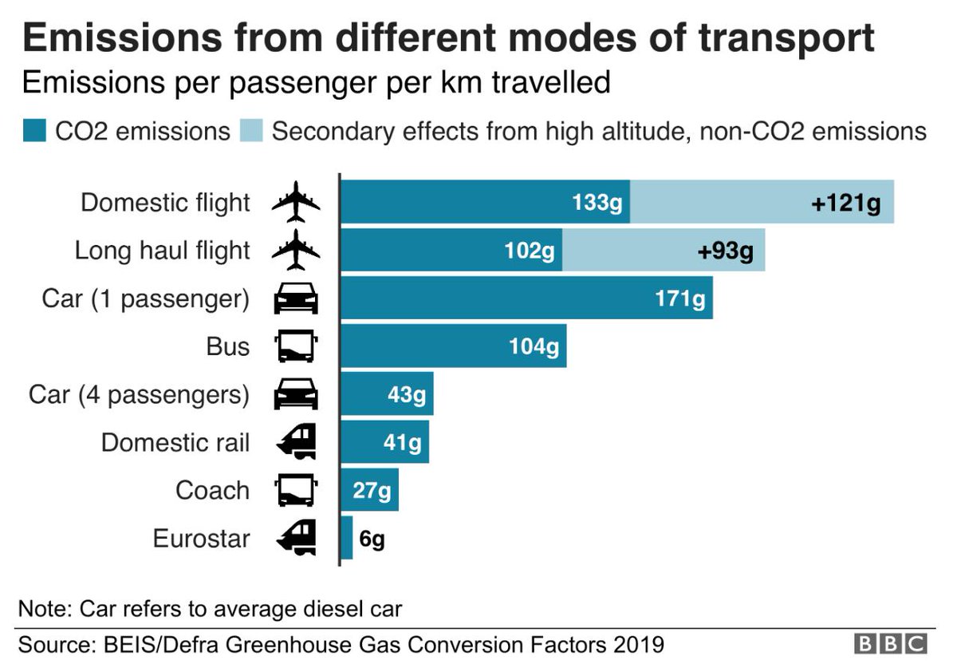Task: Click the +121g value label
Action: (845, 203)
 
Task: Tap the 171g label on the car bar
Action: (679, 299)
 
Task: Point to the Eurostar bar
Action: (347, 538)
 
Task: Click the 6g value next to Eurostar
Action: (372, 539)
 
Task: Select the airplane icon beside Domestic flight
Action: (296, 202)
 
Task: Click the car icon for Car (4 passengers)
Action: (296, 394)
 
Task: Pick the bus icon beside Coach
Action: (296, 490)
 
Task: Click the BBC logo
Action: (891, 644)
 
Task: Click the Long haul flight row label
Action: (162, 251)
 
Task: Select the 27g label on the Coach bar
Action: (372, 490)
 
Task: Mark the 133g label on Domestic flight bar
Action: (597, 203)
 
